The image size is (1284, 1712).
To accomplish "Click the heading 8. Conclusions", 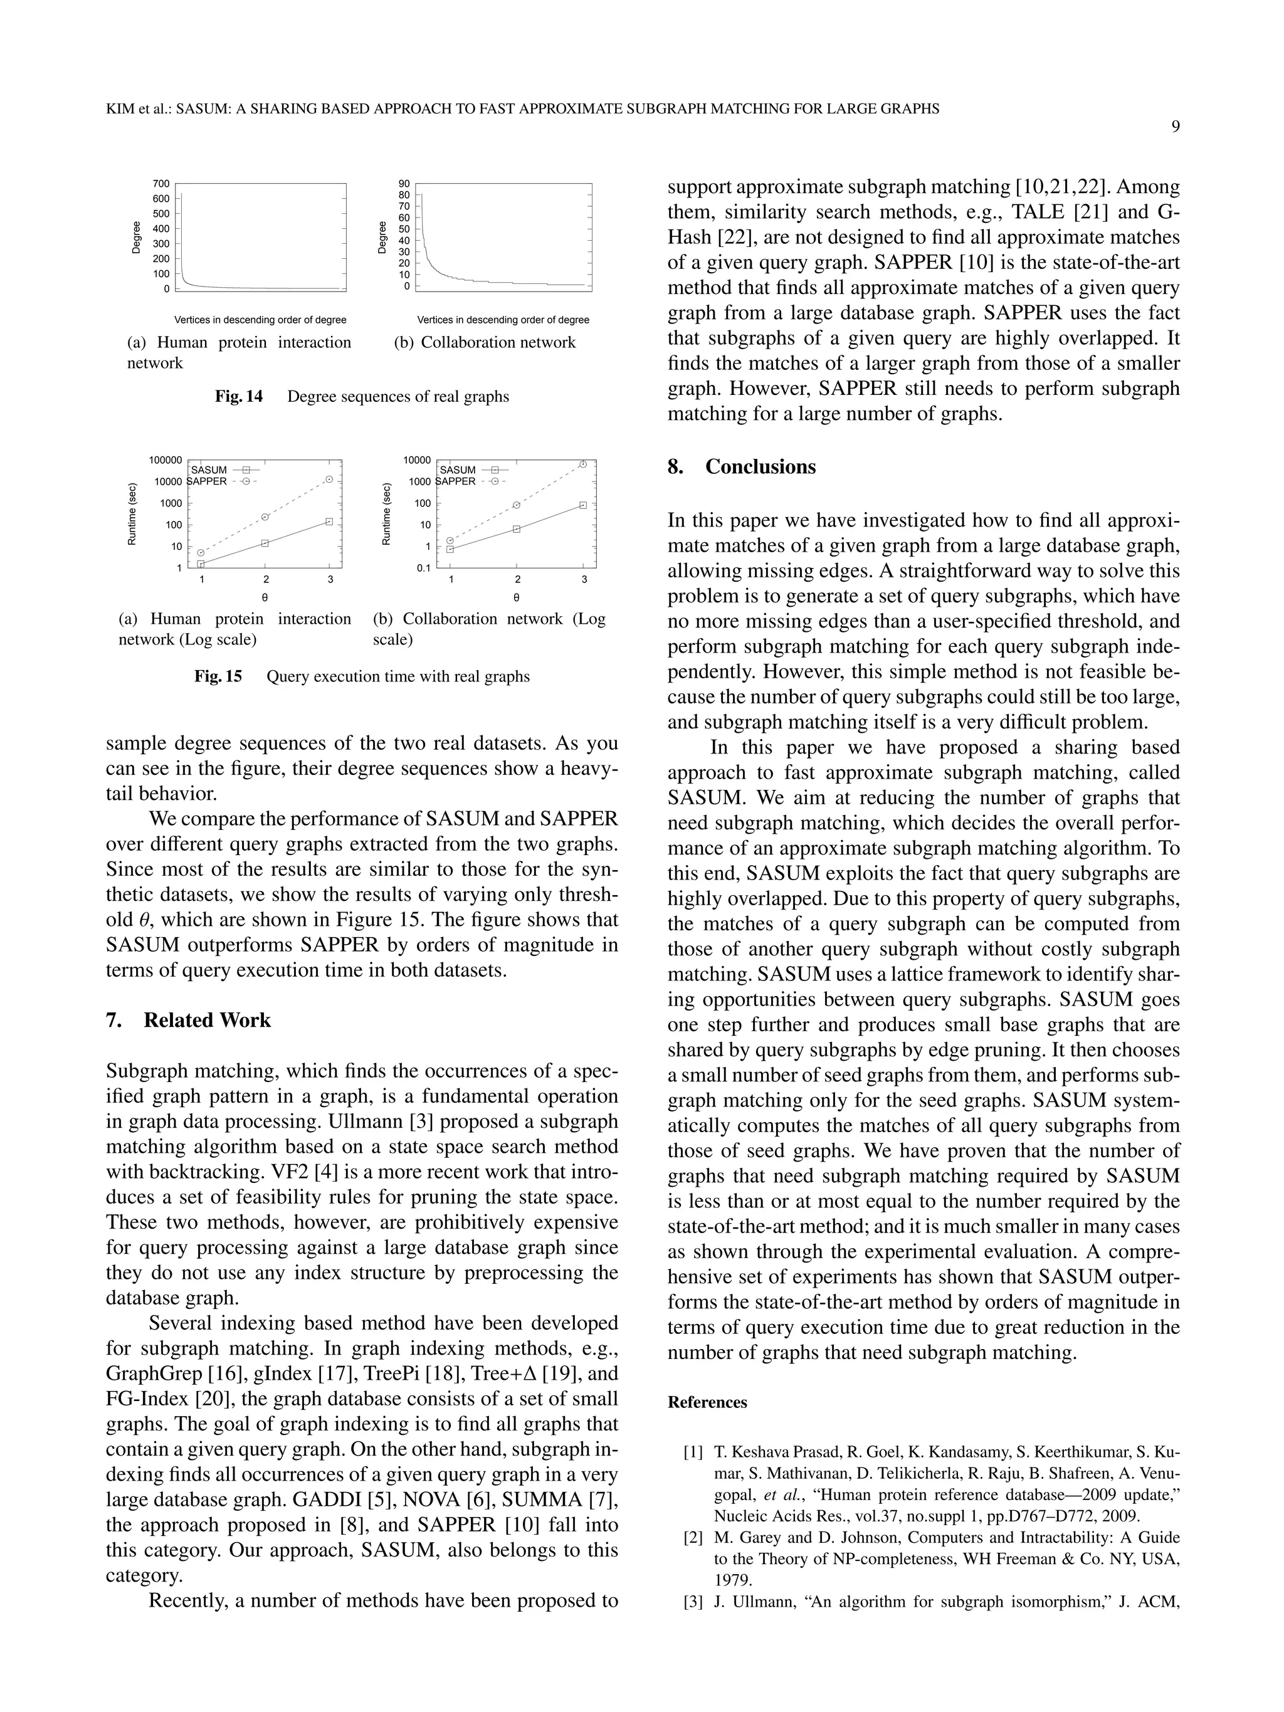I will click(742, 466).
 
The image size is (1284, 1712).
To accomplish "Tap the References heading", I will click(707, 1402).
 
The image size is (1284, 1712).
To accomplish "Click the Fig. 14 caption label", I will click(238, 397).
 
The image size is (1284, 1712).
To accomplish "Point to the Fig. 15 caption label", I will click(218, 676).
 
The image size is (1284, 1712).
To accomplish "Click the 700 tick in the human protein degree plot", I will click(161, 184).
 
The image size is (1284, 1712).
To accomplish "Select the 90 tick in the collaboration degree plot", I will click(404, 184).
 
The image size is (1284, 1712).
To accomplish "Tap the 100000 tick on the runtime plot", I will click(166, 460).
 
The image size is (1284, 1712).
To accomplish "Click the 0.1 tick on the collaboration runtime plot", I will click(423, 568).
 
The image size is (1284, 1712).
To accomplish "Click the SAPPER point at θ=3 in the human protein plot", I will click(330, 479).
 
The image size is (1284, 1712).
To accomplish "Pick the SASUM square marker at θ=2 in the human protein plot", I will click(265, 544).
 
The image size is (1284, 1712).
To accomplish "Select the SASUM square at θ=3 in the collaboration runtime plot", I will click(584, 505).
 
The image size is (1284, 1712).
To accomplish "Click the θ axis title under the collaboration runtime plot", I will click(516, 597).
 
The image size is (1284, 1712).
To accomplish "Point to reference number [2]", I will click(693, 1537).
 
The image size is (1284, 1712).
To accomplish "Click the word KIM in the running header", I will click(120, 109).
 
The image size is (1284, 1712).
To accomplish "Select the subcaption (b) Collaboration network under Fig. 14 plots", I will click(485, 342).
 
